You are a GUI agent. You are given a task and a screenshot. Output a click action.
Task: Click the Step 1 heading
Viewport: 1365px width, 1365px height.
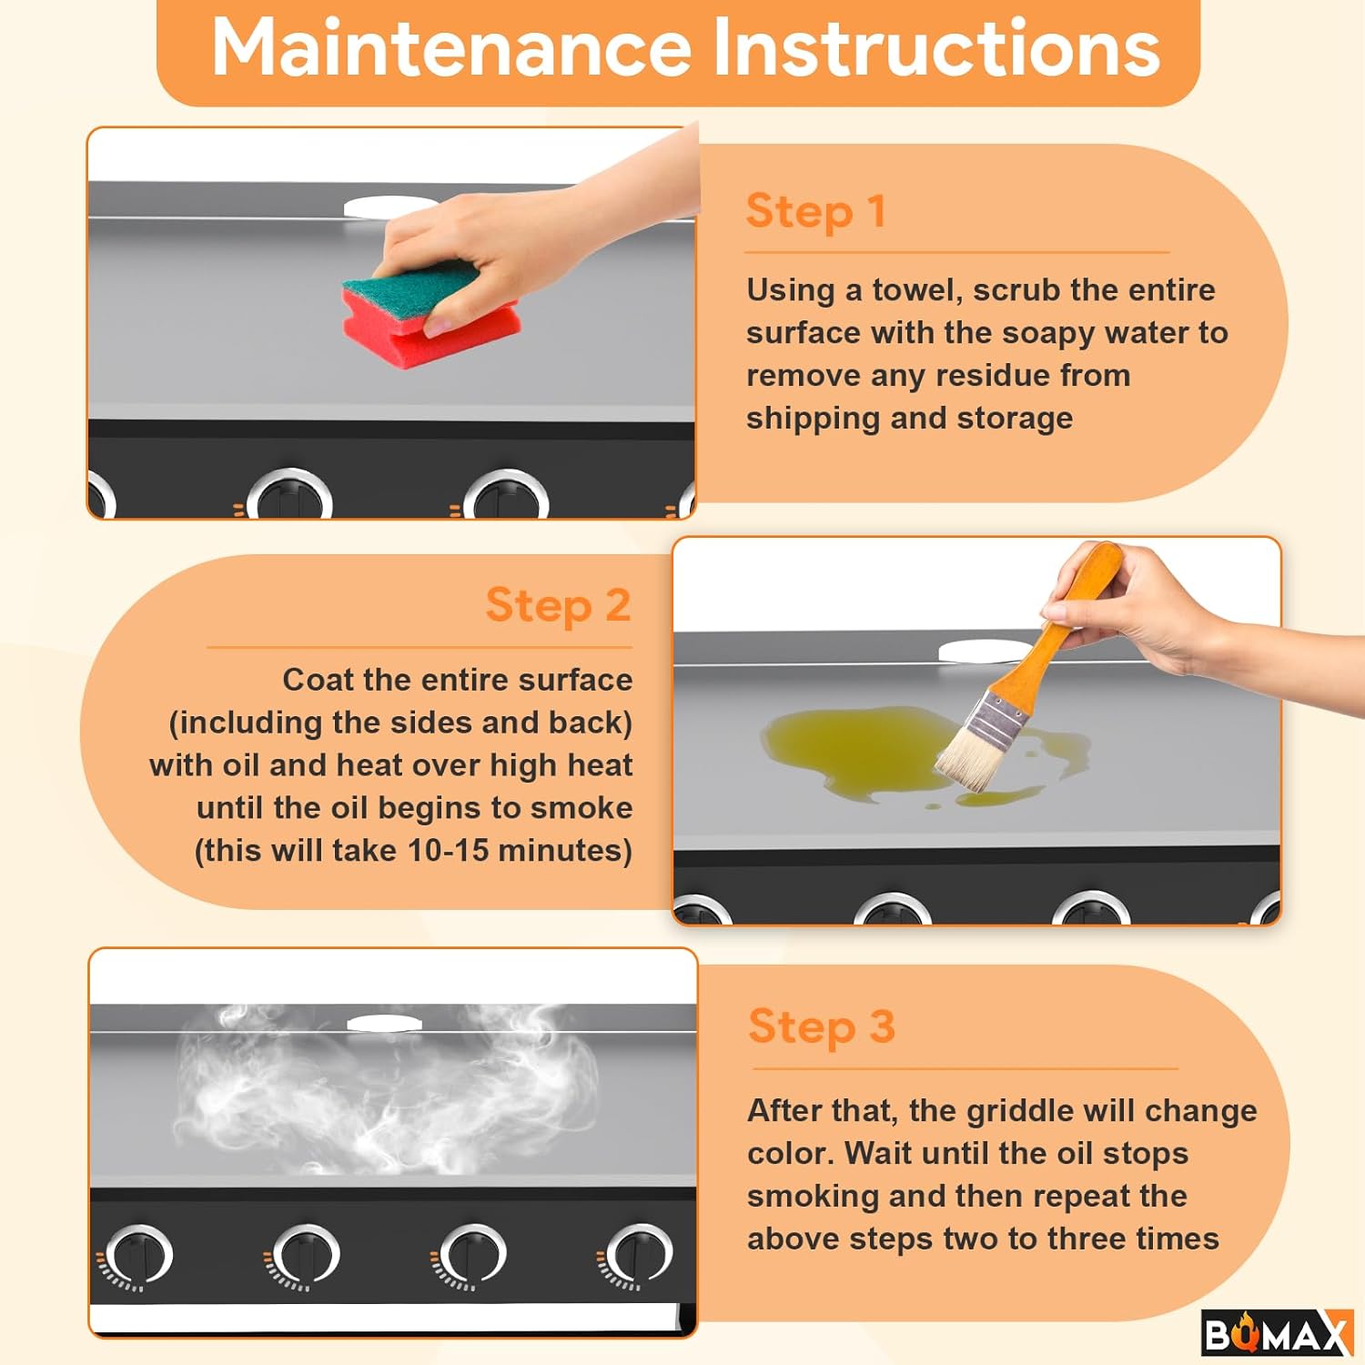(x=815, y=212)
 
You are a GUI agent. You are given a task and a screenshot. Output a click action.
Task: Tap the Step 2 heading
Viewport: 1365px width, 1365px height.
(x=558, y=606)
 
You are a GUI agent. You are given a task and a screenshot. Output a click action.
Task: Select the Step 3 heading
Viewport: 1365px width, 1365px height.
(x=822, y=1027)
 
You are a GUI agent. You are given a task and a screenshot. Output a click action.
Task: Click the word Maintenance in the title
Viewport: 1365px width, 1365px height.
(x=451, y=47)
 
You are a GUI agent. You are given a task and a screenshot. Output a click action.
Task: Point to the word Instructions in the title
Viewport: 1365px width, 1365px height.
(x=936, y=47)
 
